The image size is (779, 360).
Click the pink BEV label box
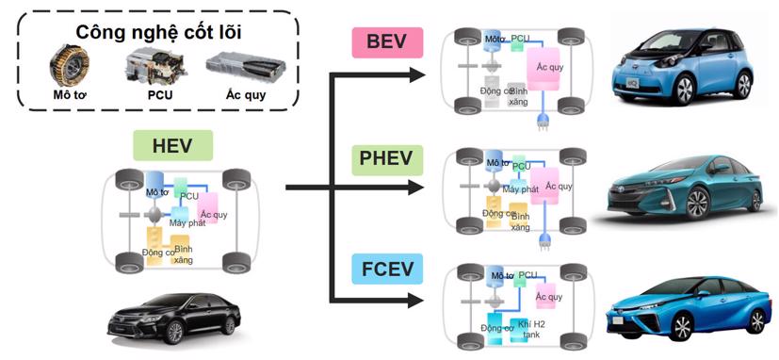[387, 43]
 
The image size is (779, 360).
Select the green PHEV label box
[386, 157]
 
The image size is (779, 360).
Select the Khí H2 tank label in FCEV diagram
[531, 327]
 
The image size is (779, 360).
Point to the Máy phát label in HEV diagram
[187, 222]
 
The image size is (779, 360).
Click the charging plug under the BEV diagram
[544, 121]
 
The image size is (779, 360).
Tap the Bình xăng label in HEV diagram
[184, 254]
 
